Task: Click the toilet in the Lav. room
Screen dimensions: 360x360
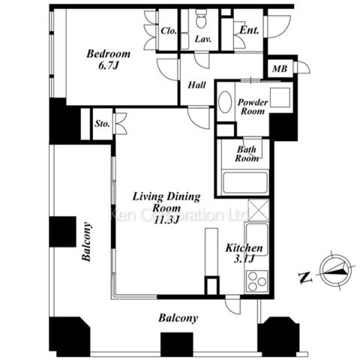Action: point(201,18)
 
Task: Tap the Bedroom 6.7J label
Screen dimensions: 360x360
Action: point(108,59)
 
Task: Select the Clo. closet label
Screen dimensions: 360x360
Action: point(169,31)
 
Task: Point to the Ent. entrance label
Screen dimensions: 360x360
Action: point(249,30)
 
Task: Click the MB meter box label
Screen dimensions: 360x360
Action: point(280,68)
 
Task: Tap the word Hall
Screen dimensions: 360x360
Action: point(197,85)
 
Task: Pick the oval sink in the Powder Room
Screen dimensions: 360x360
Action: point(225,102)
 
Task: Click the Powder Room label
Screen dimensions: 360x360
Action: point(253,106)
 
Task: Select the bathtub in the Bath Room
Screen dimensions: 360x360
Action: point(245,183)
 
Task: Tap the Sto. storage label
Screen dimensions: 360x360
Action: point(102,124)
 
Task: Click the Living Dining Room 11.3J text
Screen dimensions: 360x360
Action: point(166,208)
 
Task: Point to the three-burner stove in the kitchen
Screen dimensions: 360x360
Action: point(257,281)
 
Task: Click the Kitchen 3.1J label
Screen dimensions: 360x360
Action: point(244,253)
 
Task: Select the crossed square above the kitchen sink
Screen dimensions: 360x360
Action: point(259,210)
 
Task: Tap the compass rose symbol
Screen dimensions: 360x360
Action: point(335,270)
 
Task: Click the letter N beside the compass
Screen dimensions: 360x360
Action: point(305,277)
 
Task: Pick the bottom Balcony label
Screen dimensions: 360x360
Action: point(178,318)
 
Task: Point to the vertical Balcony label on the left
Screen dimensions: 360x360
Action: point(86,241)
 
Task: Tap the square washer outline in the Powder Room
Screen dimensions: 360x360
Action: point(280,97)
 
